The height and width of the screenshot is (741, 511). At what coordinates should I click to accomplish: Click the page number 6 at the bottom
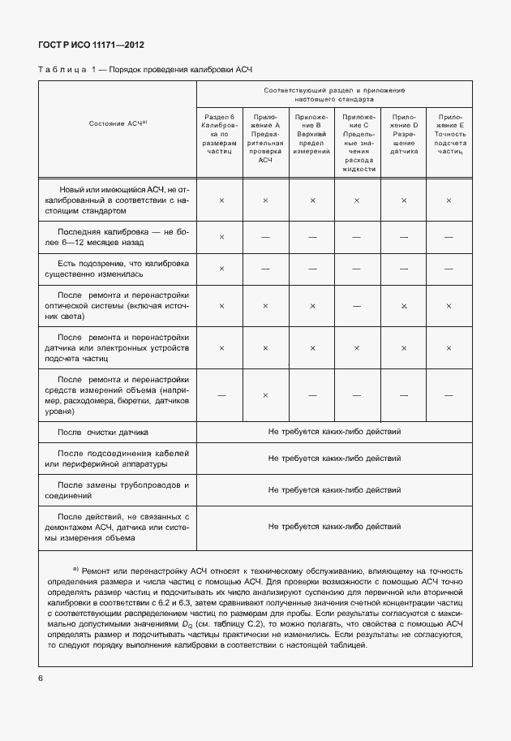tap(40, 677)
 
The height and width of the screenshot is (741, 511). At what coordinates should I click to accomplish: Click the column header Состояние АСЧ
tap(117, 123)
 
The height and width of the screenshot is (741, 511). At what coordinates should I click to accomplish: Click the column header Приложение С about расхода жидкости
tap(358, 143)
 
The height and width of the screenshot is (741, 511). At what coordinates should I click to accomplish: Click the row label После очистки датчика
tap(103, 433)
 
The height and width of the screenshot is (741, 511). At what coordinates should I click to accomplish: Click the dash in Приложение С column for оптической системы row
tap(358, 305)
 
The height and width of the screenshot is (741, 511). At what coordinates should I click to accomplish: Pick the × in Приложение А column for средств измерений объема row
tap(266, 395)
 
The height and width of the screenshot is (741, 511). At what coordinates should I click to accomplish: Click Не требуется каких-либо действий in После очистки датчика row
tap(335, 433)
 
